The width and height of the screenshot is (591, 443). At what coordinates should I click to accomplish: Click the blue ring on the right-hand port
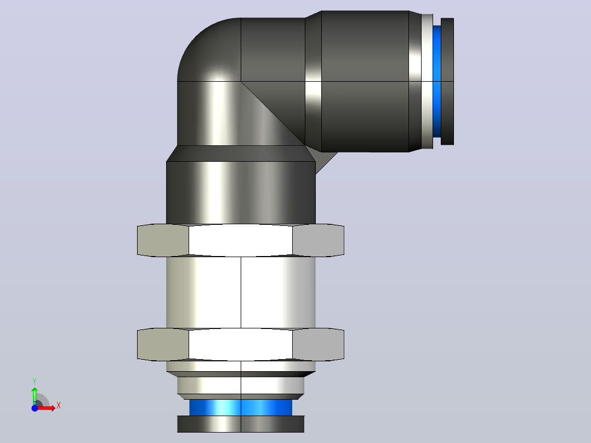pyautogui.click(x=437, y=82)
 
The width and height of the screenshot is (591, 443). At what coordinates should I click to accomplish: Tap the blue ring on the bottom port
pyautogui.click(x=241, y=407)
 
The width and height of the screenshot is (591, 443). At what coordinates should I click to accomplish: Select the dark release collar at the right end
pyautogui.click(x=447, y=82)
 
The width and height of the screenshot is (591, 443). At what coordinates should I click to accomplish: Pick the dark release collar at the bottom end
pyautogui.click(x=241, y=424)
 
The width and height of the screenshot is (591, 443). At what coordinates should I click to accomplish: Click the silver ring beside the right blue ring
pyautogui.click(x=427, y=82)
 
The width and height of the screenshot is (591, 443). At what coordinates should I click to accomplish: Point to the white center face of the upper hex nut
pyautogui.click(x=241, y=240)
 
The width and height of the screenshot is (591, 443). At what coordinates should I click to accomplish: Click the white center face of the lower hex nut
pyautogui.click(x=241, y=344)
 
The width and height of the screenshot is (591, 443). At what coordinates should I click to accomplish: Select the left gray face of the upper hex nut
pyautogui.click(x=163, y=240)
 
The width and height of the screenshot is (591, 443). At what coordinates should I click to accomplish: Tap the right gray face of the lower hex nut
pyautogui.click(x=318, y=344)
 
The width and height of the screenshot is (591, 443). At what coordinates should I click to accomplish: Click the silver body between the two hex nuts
pyautogui.click(x=241, y=292)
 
